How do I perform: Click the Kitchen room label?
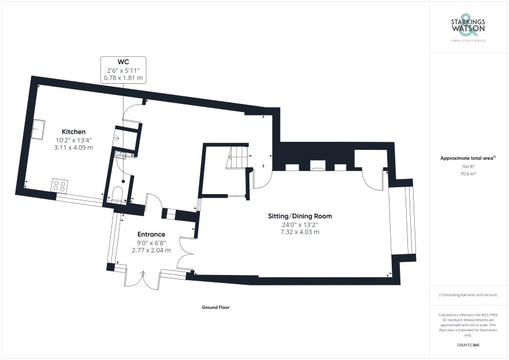point(74,131)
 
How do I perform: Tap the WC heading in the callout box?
point(123,62)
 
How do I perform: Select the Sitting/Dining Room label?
point(300,216)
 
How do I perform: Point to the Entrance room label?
point(151,234)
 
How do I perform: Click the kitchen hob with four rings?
point(60,186)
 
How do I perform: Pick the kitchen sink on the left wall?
point(38,129)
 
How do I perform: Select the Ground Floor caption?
point(215,307)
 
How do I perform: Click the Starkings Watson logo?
point(468,28)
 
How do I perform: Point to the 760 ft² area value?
point(468,167)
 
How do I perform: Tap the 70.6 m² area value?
point(468,174)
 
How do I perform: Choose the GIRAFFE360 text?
point(468,345)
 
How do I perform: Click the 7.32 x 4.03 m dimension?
point(300,232)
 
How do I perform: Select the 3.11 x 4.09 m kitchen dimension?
point(74,148)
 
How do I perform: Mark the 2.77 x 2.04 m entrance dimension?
point(151,250)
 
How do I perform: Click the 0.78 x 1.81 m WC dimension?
point(123,78)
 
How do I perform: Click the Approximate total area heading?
point(468,158)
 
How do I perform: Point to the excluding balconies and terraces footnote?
point(468,295)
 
